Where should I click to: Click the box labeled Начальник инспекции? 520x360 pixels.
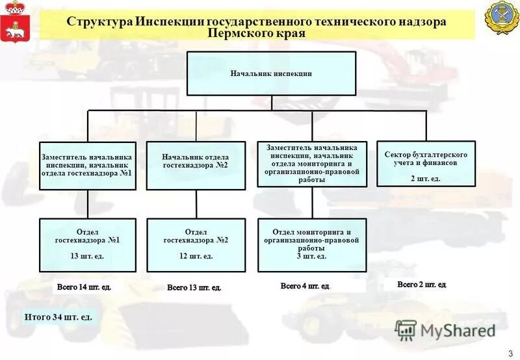271,73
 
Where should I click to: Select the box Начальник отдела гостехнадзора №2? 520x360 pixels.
195,166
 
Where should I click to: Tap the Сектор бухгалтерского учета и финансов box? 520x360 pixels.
426,164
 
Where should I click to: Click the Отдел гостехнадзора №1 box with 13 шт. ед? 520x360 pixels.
88,244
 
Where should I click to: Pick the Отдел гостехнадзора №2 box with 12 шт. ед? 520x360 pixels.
196,244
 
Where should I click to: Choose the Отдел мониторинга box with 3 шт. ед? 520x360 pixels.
311,244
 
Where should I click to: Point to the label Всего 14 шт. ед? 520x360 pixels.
84,287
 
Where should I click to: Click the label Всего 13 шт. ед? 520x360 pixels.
194,287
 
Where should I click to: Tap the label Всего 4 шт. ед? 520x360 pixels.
305,286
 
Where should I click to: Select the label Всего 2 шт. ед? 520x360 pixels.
422,285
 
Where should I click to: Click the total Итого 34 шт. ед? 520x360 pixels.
58,317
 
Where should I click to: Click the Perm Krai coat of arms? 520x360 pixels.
10,21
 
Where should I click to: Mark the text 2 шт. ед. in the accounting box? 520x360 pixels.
426,178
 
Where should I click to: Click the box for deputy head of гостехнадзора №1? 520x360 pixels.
88,166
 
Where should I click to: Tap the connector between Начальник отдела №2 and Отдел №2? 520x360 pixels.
196,204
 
